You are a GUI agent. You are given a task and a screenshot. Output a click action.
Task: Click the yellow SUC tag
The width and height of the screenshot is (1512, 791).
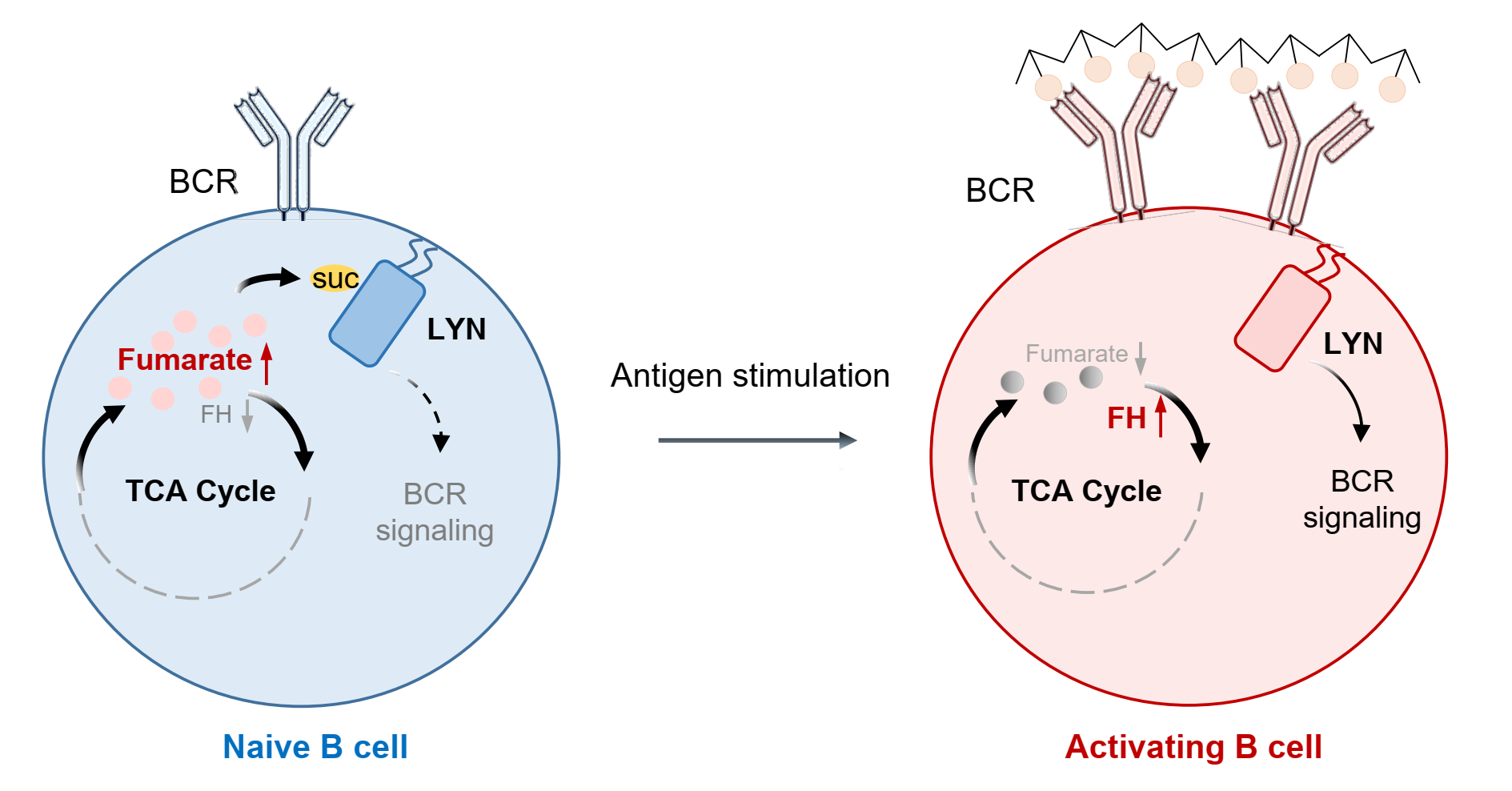coord(335,279)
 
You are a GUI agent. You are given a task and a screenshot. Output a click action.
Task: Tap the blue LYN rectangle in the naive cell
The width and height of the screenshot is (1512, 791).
coord(377,313)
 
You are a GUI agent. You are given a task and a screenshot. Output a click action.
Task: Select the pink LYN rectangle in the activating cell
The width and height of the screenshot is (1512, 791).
coord(1282,318)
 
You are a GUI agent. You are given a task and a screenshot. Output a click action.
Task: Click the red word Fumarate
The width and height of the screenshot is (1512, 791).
coord(184,359)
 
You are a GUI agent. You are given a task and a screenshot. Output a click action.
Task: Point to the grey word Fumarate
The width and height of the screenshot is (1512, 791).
coord(1076,353)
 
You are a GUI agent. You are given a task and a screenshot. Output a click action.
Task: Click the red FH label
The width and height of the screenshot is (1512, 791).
coord(1125,418)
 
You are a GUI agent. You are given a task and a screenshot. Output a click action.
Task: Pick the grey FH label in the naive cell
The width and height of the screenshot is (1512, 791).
coord(215,414)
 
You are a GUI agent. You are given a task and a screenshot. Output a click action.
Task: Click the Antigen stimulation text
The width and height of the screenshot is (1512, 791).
coord(750,375)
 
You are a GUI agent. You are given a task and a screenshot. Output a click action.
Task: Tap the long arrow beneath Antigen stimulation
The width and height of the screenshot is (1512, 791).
coord(756,440)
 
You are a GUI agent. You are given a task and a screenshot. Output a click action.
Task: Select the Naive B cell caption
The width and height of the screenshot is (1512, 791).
coord(315,747)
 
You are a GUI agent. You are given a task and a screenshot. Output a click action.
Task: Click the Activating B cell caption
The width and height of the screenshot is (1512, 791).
coord(1193,747)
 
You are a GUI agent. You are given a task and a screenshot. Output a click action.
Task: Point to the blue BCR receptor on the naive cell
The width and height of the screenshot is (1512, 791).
coord(293,148)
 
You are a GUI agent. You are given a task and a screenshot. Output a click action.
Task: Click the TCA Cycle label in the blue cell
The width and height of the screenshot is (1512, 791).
coord(200,491)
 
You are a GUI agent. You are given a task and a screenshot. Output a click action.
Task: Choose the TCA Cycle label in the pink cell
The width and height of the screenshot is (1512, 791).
coord(1086,491)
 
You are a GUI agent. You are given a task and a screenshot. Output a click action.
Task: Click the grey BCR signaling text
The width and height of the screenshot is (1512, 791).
coord(435,512)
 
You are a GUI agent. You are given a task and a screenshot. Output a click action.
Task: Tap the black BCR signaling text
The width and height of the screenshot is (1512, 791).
coord(1362,500)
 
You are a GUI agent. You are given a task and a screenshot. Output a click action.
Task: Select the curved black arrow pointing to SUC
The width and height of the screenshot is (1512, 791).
coord(268,280)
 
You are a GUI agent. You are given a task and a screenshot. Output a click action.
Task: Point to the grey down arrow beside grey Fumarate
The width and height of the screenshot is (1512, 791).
coord(1141,358)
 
